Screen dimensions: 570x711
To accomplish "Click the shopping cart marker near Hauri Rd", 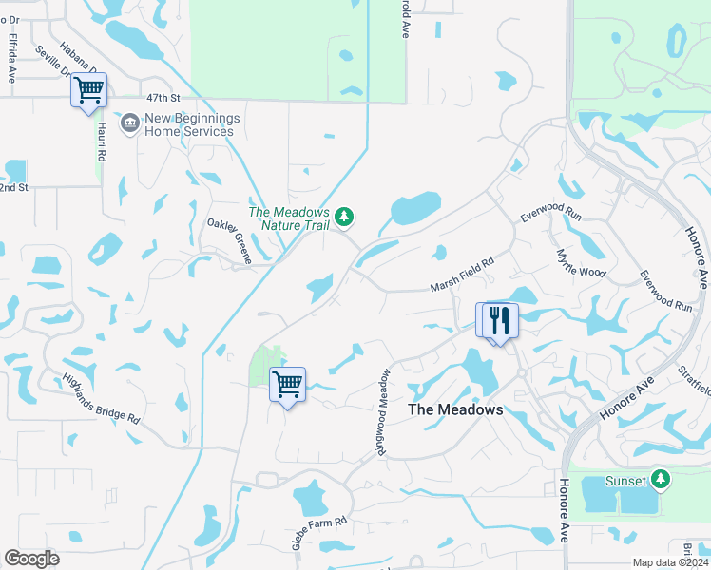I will pyautogui.click(x=88, y=91).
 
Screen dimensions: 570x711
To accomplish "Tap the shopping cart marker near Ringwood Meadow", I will pyautogui.click(x=287, y=385).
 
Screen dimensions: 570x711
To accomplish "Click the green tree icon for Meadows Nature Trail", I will pyautogui.click(x=344, y=218).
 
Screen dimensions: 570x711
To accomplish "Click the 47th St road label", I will pyautogui.click(x=163, y=98).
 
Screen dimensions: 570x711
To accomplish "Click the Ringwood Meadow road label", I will pyautogui.click(x=383, y=412).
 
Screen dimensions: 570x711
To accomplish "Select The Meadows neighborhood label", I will pyautogui.click(x=454, y=410).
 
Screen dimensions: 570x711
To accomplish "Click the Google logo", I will pyautogui.click(x=31, y=559).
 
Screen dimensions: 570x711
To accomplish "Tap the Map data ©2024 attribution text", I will pyautogui.click(x=671, y=563).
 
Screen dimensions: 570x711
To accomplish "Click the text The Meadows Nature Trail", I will pyautogui.click(x=289, y=218).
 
